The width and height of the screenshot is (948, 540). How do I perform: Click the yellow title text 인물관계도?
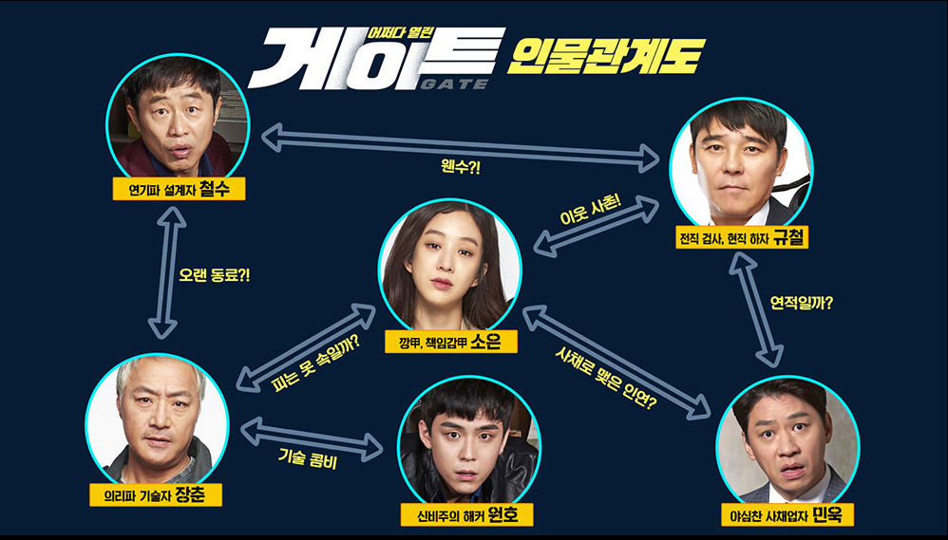pyautogui.click(x=604, y=57)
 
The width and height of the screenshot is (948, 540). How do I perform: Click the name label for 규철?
pyautogui.click(x=740, y=237)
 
